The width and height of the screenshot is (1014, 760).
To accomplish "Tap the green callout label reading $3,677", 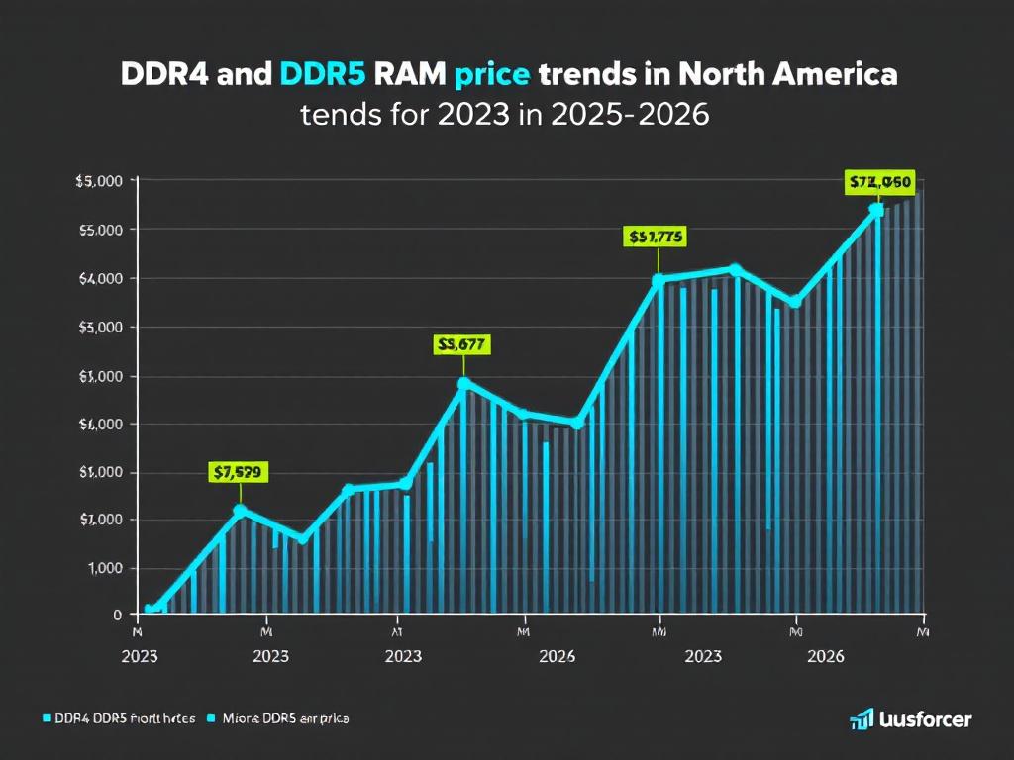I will point(461,344).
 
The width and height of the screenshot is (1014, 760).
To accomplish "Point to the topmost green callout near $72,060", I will point(878,181).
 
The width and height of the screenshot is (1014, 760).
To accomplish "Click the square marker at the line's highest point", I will point(876,210).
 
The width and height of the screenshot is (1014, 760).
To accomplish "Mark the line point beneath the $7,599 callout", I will point(239,510).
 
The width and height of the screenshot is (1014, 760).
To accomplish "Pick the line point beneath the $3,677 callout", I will point(462,383).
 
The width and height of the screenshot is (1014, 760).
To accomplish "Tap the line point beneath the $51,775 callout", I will point(658,280).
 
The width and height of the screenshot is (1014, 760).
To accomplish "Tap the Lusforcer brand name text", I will point(926,720).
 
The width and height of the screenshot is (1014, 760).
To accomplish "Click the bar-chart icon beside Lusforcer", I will point(861,720).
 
